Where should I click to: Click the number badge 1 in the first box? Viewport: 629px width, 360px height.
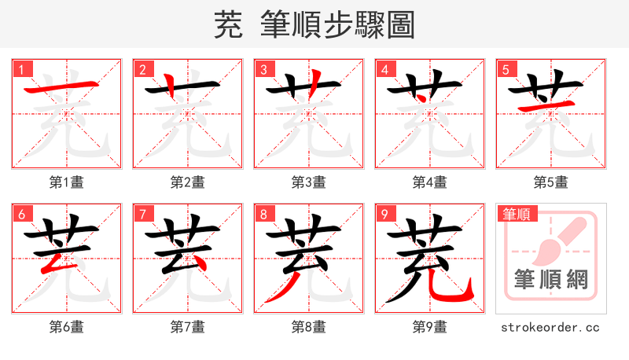[x=21, y=69]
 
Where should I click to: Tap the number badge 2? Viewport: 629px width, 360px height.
[x=142, y=69]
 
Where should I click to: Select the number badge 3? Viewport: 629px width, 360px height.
[x=263, y=69]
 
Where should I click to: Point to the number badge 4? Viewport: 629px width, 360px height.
[x=384, y=69]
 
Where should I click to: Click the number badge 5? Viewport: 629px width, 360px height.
[x=506, y=69]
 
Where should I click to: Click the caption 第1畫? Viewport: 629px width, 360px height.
[x=67, y=182]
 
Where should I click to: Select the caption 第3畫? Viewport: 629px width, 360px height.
[x=309, y=182]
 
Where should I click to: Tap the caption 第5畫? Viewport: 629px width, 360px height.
[x=551, y=182]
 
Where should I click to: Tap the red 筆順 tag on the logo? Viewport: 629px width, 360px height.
[x=517, y=214]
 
